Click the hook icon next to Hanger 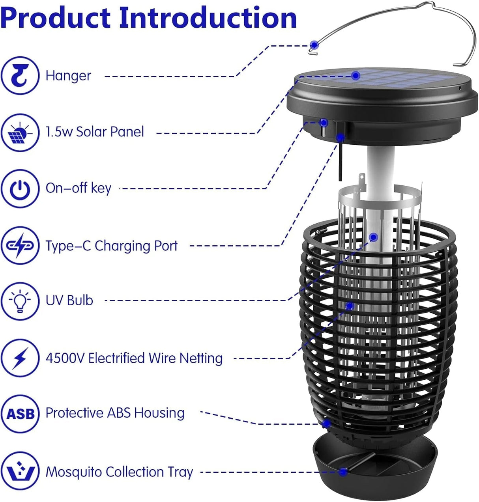point(20,75)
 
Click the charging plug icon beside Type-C point(20,245)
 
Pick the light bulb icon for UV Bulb point(20,300)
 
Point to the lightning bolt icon point(20,358)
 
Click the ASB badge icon point(20,414)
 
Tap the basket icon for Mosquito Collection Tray point(20,471)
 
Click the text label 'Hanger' point(68,76)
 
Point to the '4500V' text point(65,358)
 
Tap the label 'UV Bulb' point(69,300)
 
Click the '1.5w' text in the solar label point(59,132)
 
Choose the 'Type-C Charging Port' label point(112,246)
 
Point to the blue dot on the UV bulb point(374,237)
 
